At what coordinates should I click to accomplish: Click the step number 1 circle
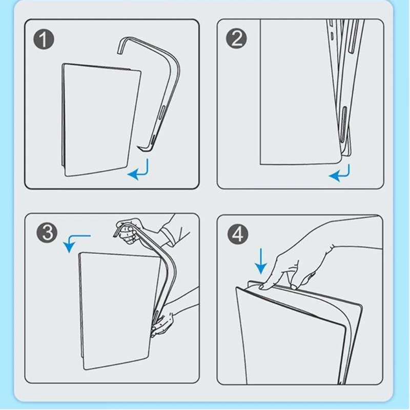click(x=44, y=39)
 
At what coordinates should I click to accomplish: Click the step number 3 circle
click(x=47, y=233)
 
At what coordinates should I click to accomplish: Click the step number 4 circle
click(x=238, y=234)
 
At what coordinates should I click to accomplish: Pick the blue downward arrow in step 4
click(x=261, y=261)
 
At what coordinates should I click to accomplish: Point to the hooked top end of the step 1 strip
click(x=122, y=46)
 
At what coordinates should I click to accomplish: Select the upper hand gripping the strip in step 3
click(x=128, y=232)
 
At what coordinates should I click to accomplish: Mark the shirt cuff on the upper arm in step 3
click(x=168, y=237)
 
